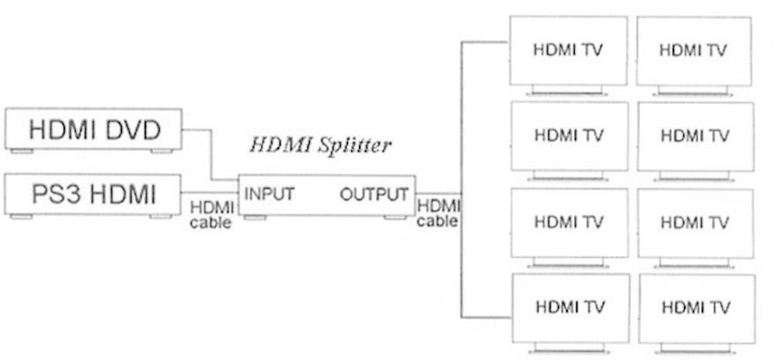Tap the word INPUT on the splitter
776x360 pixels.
tap(269, 194)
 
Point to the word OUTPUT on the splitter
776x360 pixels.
tap(374, 194)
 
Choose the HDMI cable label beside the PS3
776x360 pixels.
tap(211, 215)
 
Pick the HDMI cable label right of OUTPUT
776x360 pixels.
tap(437, 213)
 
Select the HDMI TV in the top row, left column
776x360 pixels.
tap(569, 49)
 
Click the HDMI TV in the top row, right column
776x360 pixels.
tap(693, 50)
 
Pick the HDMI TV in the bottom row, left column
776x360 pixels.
tap(569, 308)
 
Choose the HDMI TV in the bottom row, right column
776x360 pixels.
tap(696, 308)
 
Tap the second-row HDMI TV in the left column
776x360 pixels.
tap(569, 136)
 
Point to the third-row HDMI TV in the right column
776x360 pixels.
tap(696, 221)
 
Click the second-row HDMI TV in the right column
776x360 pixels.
tap(696, 136)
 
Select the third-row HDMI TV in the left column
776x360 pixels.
tap(569, 221)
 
